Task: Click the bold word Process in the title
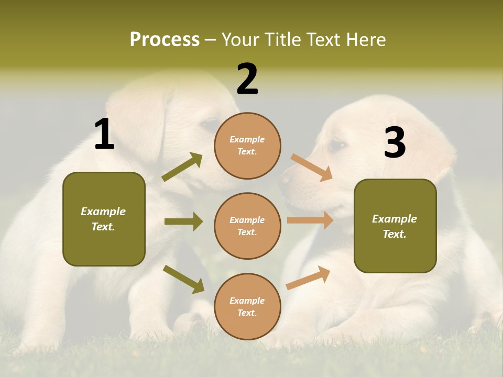tap(165, 39)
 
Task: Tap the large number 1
tap(104, 135)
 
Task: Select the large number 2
tap(247, 79)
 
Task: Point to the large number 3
tap(395, 142)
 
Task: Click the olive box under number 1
tap(104, 219)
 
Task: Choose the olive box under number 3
tap(395, 226)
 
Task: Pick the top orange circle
tap(247, 146)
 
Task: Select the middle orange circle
tap(247, 226)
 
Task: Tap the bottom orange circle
tap(247, 306)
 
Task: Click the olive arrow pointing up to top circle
tap(182, 167)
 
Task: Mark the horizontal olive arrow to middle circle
tap(183, 221)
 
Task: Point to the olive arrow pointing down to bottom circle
tap(183, 279)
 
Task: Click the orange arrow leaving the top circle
tap(312, 167)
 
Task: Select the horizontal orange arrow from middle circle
tap(310, 220)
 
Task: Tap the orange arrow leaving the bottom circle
tap(308, 278)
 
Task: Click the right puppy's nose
tap(285, 180)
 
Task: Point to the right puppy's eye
tap(338, 145)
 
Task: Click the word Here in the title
tap(367, 39)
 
